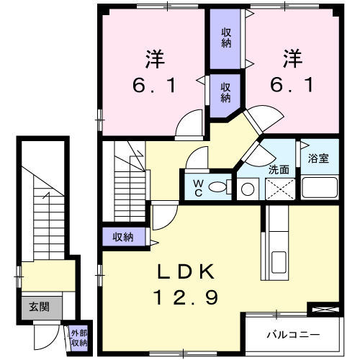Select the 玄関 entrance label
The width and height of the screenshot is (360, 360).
click(39, 306)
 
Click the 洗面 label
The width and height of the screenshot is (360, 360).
click(279, 170)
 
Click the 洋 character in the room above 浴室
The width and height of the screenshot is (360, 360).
click(292, 56)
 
